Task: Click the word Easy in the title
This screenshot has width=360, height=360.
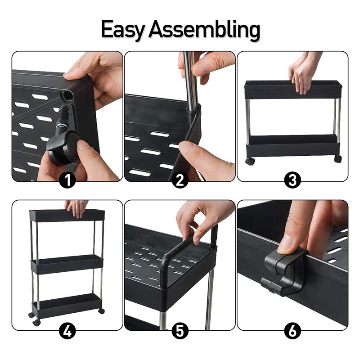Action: [x=123, y=30]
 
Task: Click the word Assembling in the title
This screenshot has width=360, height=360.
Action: [x=205, y=30]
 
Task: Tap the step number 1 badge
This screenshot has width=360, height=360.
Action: [x=67, y=180]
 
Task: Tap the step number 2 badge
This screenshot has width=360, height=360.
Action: [x=180, y=180]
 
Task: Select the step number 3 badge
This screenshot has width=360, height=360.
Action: [x=292, y=180]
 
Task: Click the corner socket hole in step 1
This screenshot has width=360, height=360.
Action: [x=68, y=95]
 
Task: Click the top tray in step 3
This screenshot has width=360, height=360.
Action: [x=293, y=90]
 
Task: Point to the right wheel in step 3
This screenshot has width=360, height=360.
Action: [x=338, y=159]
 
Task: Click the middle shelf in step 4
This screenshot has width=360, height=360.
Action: [x=67, y=265]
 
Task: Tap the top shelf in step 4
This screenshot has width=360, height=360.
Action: [x=67, y=216]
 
